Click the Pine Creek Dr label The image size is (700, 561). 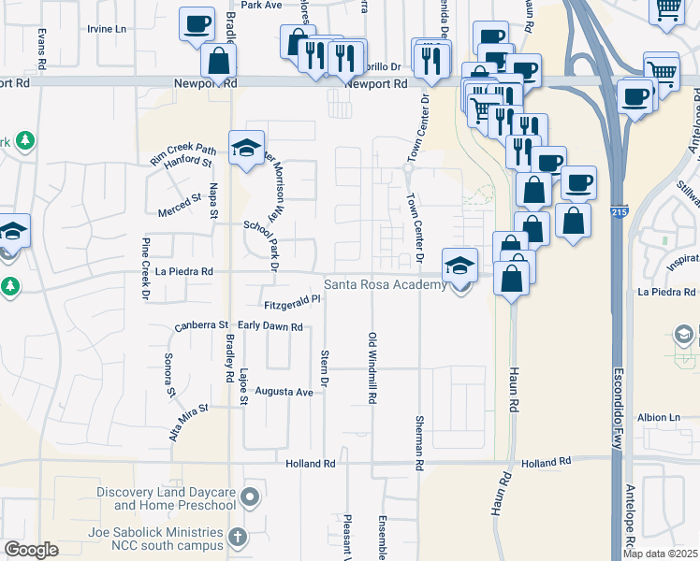pos(145,270)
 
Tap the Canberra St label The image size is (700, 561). pos(201,326)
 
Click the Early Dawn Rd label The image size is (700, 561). pos(270,327)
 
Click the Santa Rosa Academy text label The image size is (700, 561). pos(385,285)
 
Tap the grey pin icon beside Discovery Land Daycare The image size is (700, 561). pos(249,496)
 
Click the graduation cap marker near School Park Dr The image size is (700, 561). pos(247,150)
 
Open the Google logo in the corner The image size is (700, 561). pos(30,550)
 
